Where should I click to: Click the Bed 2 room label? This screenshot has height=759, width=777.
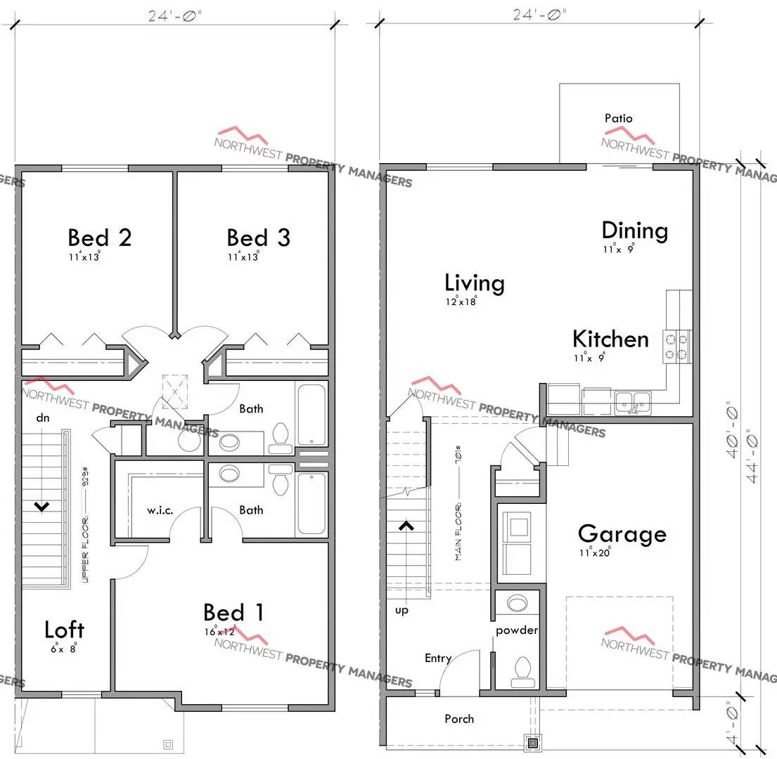[x=99, y=238]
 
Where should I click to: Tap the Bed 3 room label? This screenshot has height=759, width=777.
[x=258, y=238]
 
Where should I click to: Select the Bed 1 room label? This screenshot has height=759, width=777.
[x=233, y=613]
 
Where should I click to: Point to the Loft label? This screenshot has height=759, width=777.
[x=64, y=630]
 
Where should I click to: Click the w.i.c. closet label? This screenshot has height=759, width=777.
[x=160, y=510]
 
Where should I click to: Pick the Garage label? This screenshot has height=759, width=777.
[x=622, y=534]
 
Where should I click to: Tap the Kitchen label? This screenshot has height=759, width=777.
[x=610, y=339]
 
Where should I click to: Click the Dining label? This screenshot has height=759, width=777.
[x=634, y=231]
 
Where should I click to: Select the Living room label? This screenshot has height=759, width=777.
[x=475, y=283]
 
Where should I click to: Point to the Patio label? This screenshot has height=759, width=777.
[x=618, y=118]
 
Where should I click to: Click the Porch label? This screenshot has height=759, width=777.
[x=459, y=719]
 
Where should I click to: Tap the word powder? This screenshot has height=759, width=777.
[x=517, y=630]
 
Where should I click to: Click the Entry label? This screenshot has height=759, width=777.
[x=438, y=659]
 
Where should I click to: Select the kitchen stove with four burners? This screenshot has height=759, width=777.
[x=676, y=346]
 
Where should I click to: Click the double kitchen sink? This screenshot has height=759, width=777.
[x=633, y=402]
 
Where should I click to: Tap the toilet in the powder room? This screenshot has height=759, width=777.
[x=521, y=670]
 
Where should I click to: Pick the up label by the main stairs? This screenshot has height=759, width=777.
[x=402, y=610]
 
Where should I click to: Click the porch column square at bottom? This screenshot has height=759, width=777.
[x=533, y=742]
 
